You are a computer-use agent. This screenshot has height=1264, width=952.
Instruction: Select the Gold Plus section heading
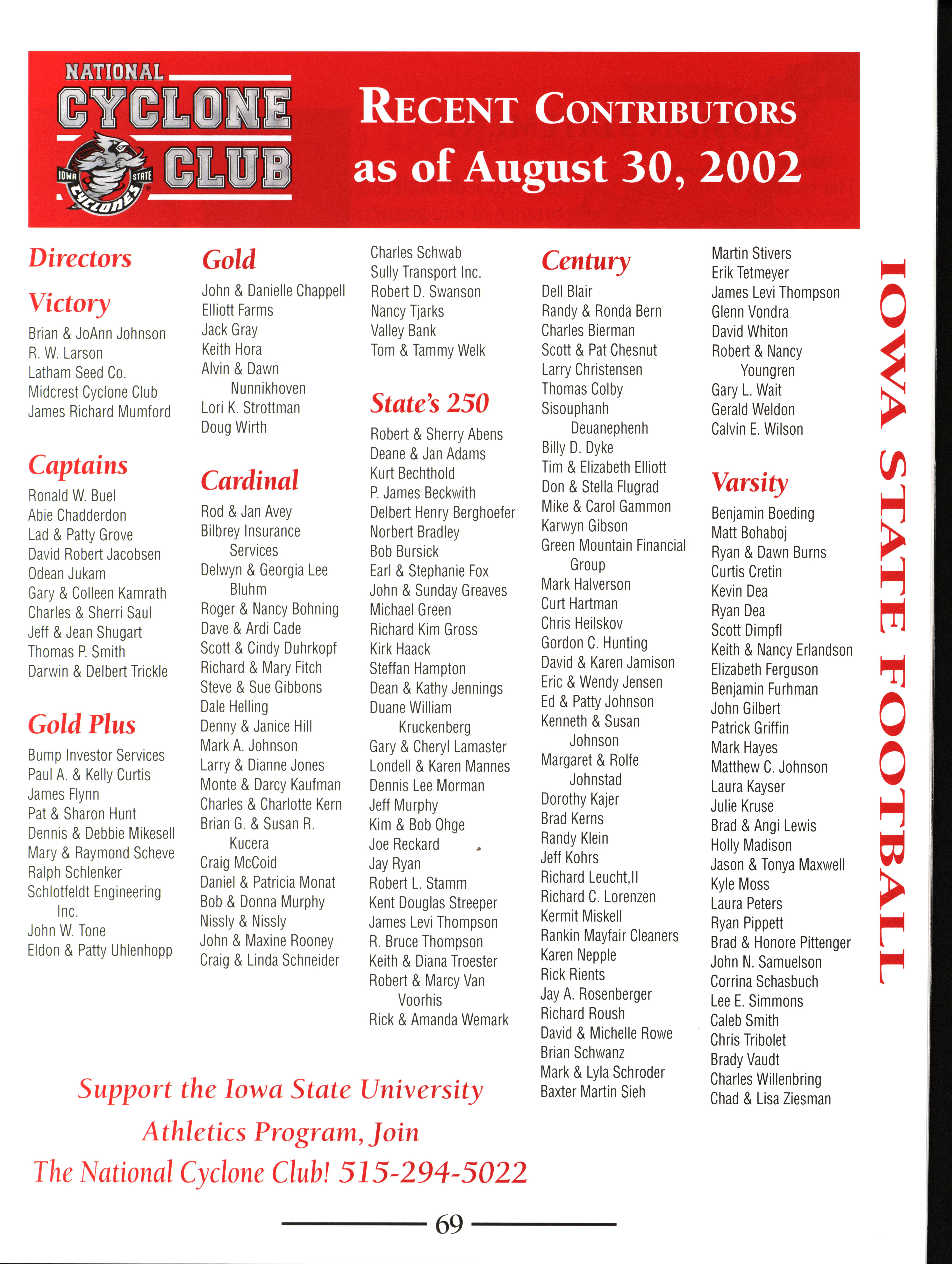click(x=82, y=725)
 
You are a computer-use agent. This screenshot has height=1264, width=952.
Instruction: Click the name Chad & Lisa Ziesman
click(x=770, y=1098)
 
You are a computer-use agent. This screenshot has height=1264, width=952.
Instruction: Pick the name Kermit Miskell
click(x=581, y=916)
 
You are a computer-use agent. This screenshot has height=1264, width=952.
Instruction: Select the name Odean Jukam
click(x=67, y=574)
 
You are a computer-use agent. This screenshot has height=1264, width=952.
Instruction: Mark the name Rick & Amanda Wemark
click(x=438, y=1019)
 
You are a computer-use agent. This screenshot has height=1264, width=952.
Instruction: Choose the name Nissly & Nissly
click(x=243, y=921)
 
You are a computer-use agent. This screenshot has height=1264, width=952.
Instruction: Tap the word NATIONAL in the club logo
click(x=114, y=72)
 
